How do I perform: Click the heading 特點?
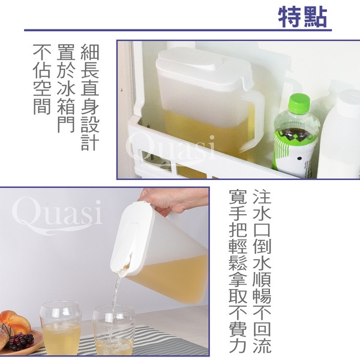pos(302,17)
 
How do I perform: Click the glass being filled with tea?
pos(113,329)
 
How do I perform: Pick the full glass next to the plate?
pos(61,328)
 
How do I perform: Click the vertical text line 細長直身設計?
pos(90,97)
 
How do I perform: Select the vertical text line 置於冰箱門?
pos(66,88)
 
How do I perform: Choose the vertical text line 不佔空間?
pos(42,79)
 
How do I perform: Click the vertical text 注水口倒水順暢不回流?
pos(262,272)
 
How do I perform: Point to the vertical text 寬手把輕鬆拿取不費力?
pos(238,272)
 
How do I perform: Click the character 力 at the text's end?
pos(238,344)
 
